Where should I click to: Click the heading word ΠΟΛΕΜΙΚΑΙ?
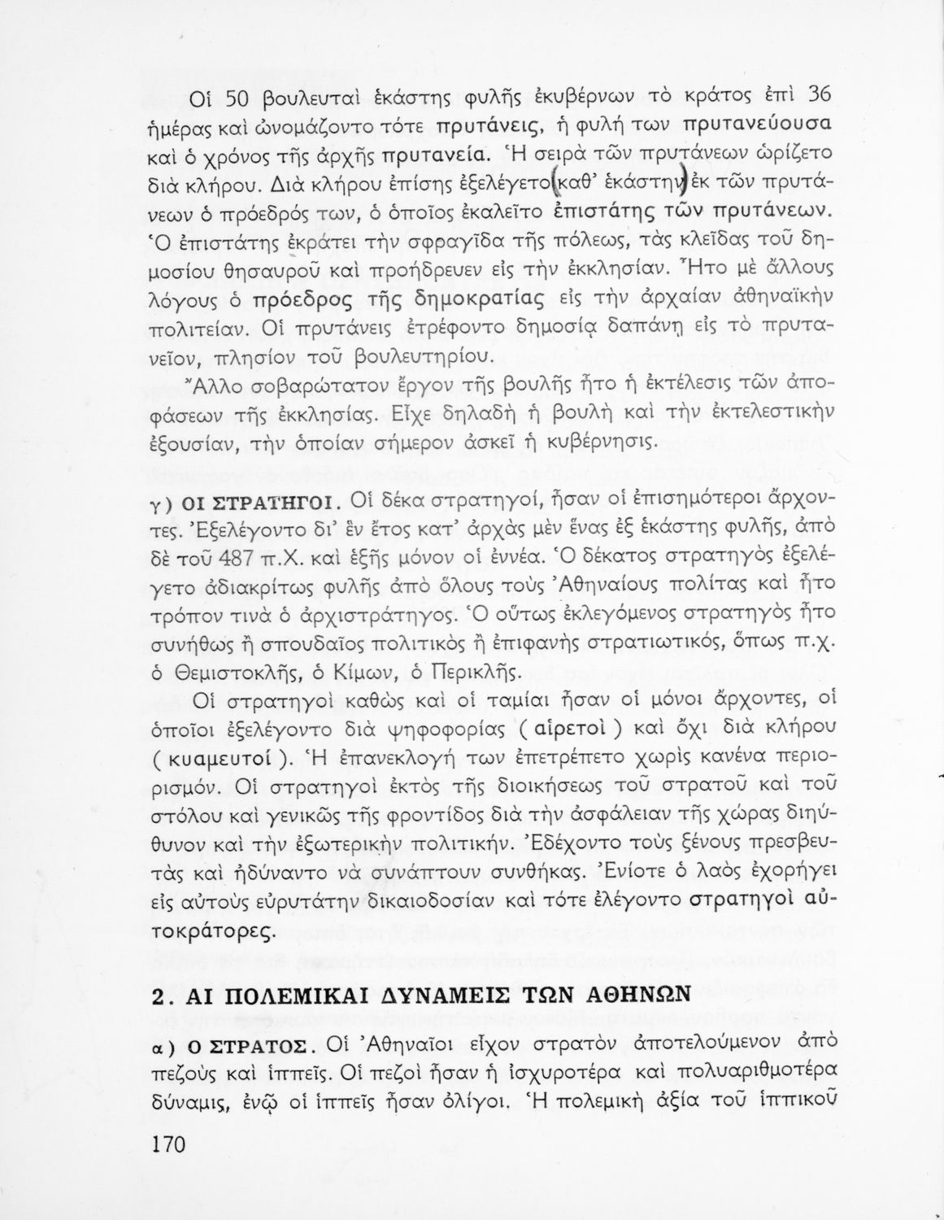pyautogui.click(x=319, y=995)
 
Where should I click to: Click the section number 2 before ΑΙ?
pyautogui.click(x=159, y=996)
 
